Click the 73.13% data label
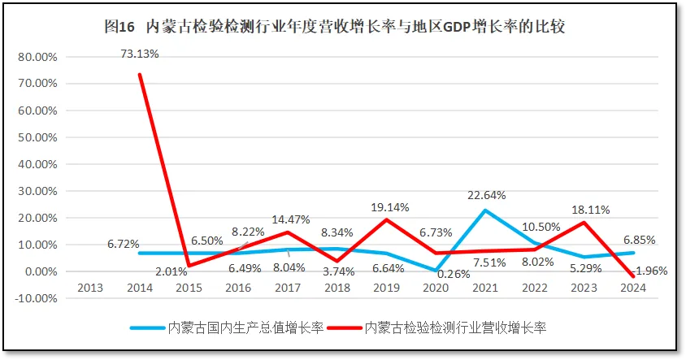coord(140,54)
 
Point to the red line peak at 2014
coord(140,75)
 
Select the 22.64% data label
coord(487,195)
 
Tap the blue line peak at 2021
coord(486,210)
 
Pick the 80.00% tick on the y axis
coord(36,57)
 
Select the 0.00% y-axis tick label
coord(39,271)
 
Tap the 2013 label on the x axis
coord(90,287)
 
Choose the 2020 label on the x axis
coord(436,287)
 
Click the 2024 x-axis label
coord(634,287)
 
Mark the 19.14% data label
coord(389,207)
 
